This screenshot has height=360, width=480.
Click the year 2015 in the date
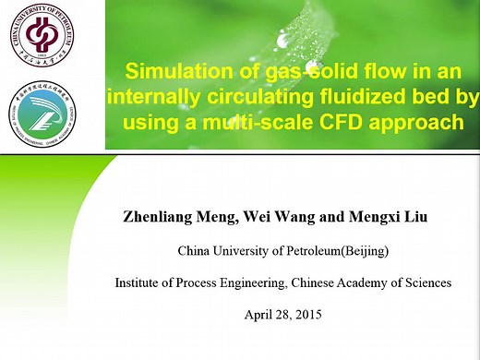pyautogui.click(x=313, y=314)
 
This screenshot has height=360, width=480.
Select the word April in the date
pyautogui.click(x=258, y=314)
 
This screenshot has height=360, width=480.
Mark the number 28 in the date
pyautogui.click(x=286, y=314)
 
